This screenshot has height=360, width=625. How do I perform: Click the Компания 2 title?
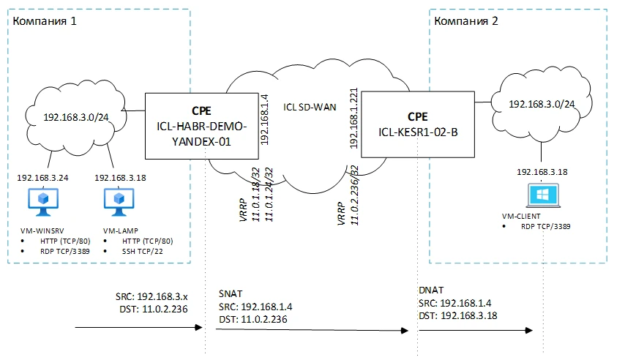click(467, 20)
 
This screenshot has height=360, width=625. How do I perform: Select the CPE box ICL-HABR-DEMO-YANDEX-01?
click(202, 126)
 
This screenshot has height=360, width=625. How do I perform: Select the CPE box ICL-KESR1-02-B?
click(417, 125)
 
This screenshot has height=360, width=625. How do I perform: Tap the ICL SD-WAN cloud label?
click(310, 107)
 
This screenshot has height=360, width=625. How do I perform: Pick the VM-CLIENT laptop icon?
click(542, 195)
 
